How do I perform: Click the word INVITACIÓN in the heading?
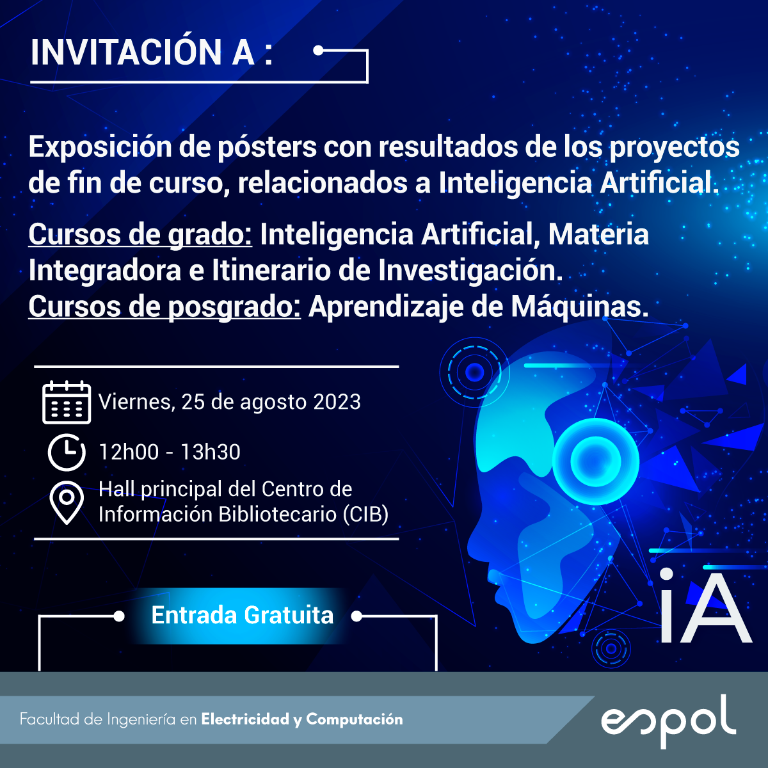coord(126,52)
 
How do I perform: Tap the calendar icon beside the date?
coord(67,402)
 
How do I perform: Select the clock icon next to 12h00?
coord(67,452)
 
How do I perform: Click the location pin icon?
coord(67,502)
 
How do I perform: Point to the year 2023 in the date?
coord(337,402)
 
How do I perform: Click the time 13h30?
coord(211,452)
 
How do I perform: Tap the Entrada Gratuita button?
coord(243,615)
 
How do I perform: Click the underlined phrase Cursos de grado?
coord(140,234)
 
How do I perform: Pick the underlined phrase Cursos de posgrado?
coord(164,307)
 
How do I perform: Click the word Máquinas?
coord(580,307)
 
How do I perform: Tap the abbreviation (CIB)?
coord(365,514)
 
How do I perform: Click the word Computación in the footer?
coord(355,719)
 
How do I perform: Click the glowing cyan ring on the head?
coord(596,461)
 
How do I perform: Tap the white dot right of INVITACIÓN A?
coord(318,51)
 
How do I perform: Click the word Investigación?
coord(470,271)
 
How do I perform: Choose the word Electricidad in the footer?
coord(246,719)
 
